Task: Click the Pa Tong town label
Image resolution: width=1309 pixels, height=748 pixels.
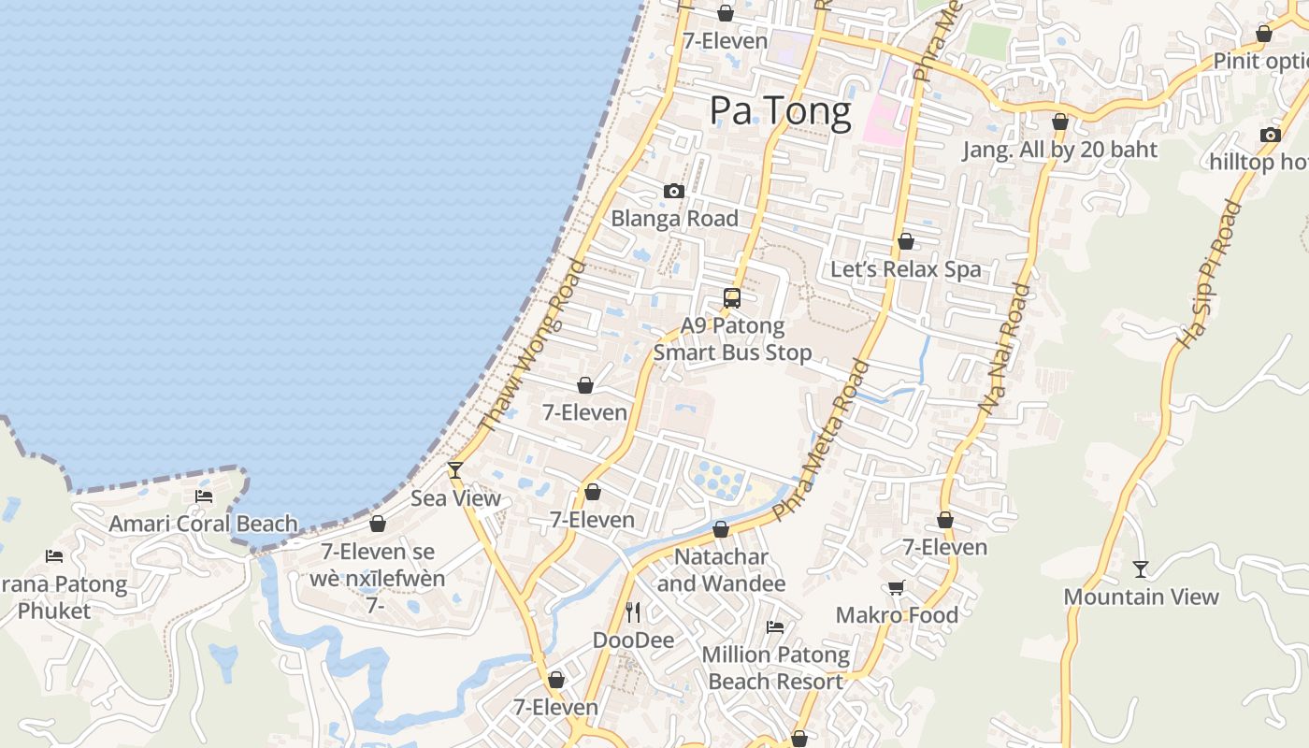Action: [781, 111]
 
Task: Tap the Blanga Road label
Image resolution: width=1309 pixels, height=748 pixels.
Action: [674, 219]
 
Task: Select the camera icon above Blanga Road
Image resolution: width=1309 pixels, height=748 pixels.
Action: [673, 192]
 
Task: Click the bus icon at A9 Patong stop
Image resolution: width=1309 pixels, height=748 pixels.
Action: [732, 298]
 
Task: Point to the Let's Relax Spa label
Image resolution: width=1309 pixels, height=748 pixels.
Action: [906, 269]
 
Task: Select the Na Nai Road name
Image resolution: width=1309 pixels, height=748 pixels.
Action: [1004, 348]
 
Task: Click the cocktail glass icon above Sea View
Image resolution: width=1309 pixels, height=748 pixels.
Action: [455, 470]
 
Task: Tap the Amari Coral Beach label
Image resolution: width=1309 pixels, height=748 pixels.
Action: [203, 524]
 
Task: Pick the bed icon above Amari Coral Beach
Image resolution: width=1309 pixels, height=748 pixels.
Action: [203, 496]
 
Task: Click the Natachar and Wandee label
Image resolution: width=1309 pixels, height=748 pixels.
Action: [721, 570]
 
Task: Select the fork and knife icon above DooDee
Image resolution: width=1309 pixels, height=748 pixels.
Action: [634, 612]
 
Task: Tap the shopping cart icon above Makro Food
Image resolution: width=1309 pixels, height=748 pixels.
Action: [896, 587]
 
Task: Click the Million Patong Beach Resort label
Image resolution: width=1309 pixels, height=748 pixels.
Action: [776, 668]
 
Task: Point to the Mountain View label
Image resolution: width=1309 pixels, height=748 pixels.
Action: [1141, 597]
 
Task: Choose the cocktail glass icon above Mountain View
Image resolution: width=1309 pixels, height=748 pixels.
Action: [1141, 568]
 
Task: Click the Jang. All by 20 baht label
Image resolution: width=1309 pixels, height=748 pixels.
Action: [1060, 150]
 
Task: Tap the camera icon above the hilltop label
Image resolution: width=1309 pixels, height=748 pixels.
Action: [1270, 135]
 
